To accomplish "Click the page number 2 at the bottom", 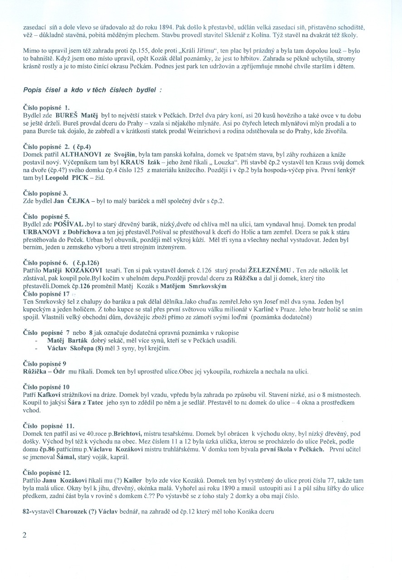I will coord(25,535).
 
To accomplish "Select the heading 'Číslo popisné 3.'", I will coord(45,193).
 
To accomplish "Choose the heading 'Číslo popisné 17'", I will coord(46,294).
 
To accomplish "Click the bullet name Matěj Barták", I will coord(69,340).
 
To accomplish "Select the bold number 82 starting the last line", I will coord(26,511).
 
